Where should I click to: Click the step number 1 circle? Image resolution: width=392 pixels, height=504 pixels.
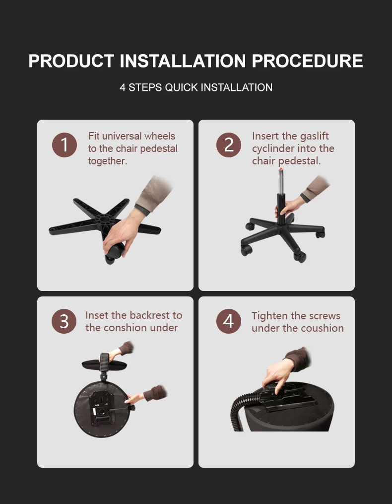click(x=65, y=144)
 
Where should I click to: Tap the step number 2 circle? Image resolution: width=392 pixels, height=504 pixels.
click(x=228, y=144)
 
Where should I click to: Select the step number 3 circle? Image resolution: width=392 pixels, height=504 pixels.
click(x=64, y=321)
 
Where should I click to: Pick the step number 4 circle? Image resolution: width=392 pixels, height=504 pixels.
click(x=228, y=321)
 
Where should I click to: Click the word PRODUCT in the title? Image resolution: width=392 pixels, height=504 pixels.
click(x=71, y=61)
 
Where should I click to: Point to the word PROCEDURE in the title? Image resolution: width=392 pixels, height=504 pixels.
click(x=307, y=61)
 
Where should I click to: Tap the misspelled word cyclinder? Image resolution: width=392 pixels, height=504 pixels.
click(x=273, y=148)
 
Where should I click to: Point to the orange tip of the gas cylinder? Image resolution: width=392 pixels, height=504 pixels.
click(x=281, y=169)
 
